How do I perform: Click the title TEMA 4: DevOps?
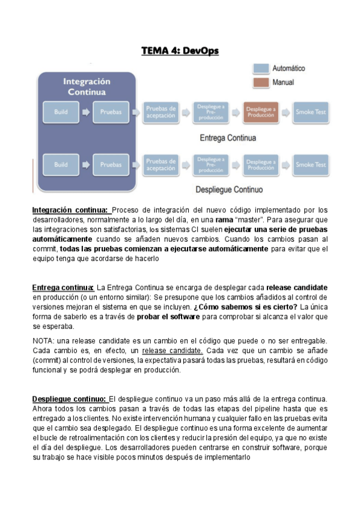pos(180,51)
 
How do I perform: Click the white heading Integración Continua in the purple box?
pos(87,87)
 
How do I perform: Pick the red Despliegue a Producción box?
pos(261,112)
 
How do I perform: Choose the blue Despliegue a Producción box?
pos(261,164)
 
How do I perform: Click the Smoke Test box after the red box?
pos(311,112)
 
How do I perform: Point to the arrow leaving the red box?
pos(287,112)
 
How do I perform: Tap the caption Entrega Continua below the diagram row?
pos(228,138)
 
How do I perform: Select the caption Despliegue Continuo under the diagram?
pos(229,190)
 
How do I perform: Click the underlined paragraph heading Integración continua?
pos(70,210)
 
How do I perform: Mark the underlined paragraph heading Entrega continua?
pos(63,288)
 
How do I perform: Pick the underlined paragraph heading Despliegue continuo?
pos(69,399)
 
